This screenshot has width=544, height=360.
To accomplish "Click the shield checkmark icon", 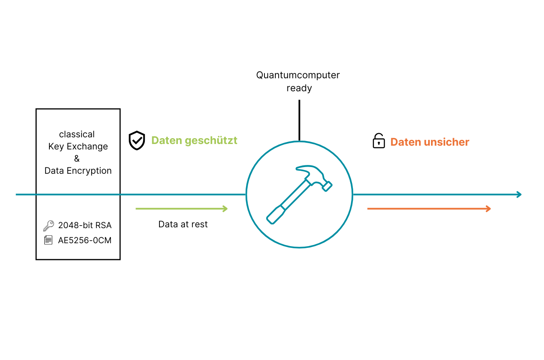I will tap(137, 141).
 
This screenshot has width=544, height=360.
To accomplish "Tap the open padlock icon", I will tap(378, 141).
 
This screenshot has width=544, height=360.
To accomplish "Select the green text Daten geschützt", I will tap(194, 141).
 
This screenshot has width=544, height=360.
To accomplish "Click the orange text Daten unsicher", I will tap(430, 142).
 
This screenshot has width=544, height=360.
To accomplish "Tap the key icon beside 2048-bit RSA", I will tap(49, 226).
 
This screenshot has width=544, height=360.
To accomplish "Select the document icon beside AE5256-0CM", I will tap(49, 240).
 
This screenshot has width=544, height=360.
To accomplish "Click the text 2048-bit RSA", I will tap(85, 226).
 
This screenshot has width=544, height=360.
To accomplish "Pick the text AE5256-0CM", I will tap(85, 241).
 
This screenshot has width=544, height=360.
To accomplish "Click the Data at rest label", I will tap(183, 224).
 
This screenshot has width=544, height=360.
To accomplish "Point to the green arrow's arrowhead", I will tap(225, 208).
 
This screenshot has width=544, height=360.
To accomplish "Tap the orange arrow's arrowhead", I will tap(488, 208).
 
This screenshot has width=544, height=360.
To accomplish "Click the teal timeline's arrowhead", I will tap(519, 194).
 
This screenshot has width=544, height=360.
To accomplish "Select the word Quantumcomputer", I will tap(298, 75).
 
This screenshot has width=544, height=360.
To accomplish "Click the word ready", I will tap(299, 88).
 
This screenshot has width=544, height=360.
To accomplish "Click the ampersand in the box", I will tap(77, 159).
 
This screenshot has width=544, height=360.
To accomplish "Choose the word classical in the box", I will tap(77, 134).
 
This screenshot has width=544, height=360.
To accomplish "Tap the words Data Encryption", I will tap(78, 171).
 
